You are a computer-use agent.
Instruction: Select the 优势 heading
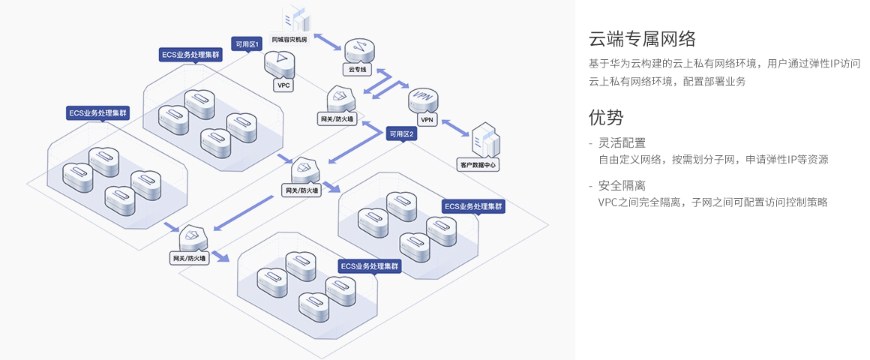coord(606,117)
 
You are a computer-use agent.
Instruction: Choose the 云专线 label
coord(358,69)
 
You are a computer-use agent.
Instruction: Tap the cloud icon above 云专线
coord(358,50)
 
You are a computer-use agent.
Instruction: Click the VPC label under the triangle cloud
coord(284,85)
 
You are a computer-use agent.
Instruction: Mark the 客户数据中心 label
coord(477,164)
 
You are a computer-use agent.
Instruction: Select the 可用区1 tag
coord(247,44)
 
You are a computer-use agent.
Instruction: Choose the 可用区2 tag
coord(400,134)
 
